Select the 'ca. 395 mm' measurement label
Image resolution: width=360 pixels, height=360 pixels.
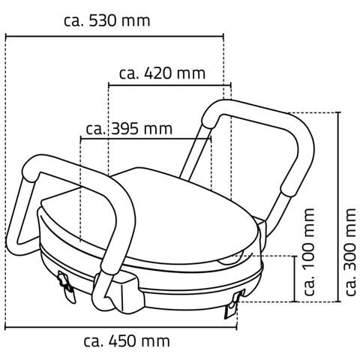coord(129,128)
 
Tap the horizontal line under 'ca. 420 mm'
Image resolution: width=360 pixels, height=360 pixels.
coord(166,84)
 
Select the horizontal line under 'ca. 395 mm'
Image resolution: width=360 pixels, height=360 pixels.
coord(146,139)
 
